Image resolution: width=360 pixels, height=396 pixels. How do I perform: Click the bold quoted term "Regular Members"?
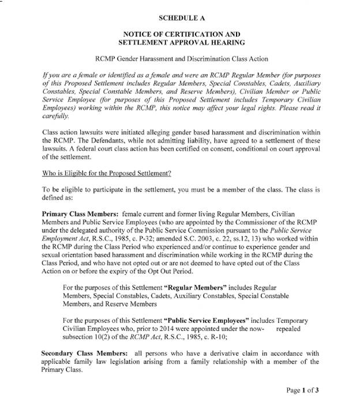pos(197,286)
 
